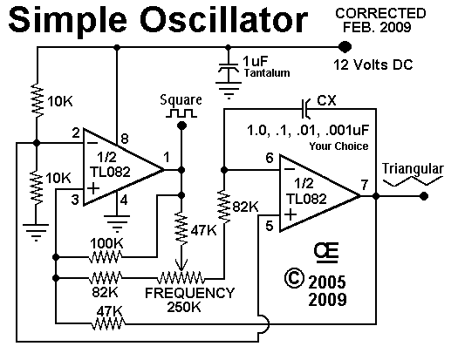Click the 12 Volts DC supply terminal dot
pyautogui.click(x=345, y=47)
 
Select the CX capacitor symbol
pyautogui.click(x=305, y=109)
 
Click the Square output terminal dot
pyautogui.click(x=181, y=126)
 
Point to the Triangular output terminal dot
pyautogui.click(x=424, y=196)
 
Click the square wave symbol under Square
pyautogui.click(x=181, y=113)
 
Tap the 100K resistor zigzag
pyautogui.click(x=106, y=257)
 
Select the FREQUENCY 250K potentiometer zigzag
pyautogui.click(x=181, y=278)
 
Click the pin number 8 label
pyautogui.click(x=125, y=139)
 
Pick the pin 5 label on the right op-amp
pyautogui.click(x=269, y=226)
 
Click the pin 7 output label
pyautogui.click(x=364, y=185)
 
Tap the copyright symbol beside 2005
pyautogui.click(x=294, y=278)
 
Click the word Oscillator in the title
pyautogui.click(x=223, y=19)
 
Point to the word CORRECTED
pyautogui.click(x=380, y=13)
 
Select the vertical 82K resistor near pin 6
pyautogui.click(x=224, y=207)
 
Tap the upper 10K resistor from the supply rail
pyautogui.click(x=38, y=100)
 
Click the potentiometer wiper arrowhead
pyautogui.click(x=181, y=265)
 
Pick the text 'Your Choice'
pyautogui.click(x=338, y=146)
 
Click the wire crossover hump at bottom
pyautogui.click(x=264, y=323)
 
